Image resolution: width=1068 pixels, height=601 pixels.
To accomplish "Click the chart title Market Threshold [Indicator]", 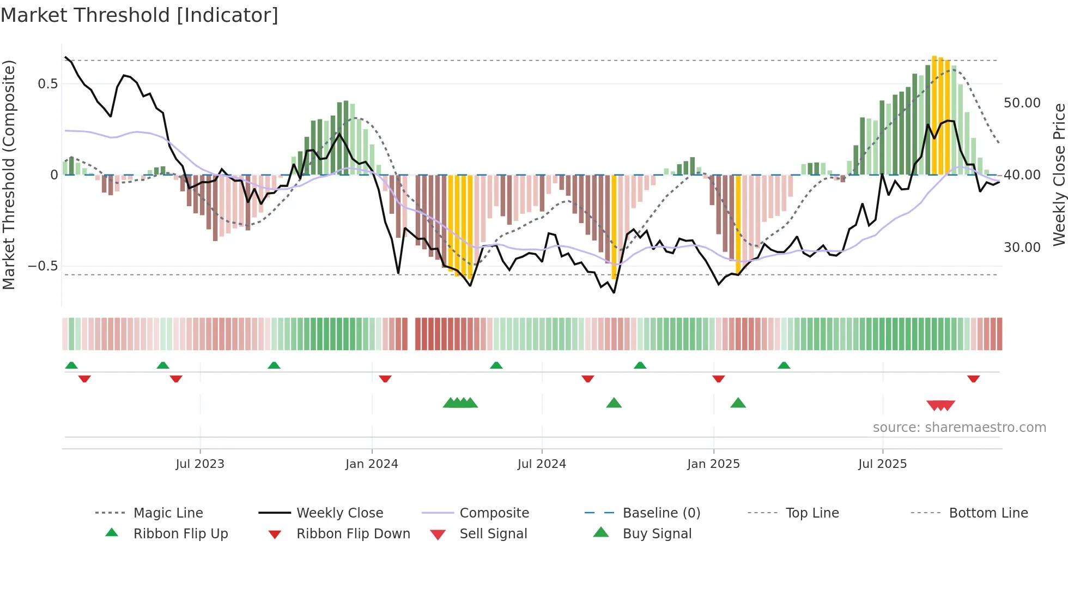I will (139, 15).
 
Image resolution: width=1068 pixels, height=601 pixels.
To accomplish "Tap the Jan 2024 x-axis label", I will (372, 464).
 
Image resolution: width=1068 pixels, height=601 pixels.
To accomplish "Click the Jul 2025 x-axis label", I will (882, 464).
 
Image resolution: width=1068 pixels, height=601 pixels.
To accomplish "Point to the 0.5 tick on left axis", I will (47, 84).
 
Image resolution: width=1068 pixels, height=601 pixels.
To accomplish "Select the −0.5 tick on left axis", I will (43, 266).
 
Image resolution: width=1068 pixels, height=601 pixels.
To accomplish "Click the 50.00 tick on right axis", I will (1022, 103).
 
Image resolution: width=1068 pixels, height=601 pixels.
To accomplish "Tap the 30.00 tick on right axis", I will (1022, 248).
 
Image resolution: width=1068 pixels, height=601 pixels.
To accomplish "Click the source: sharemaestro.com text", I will (959, 428).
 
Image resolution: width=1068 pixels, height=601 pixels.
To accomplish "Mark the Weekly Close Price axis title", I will (1059, 175).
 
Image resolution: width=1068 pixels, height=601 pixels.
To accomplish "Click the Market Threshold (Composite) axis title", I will (9, 175).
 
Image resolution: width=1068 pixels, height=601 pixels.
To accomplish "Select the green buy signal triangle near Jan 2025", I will (738, 403).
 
